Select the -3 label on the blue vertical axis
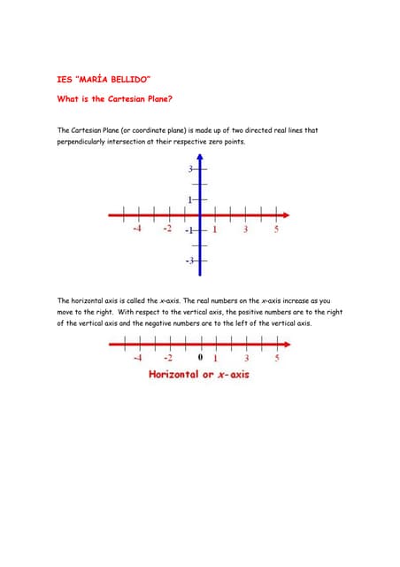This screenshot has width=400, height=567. click(188, 261)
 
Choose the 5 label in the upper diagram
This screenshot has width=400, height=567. click(276, 229)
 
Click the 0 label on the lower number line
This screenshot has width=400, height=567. click(201, 359)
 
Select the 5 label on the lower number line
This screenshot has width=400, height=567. click(276, 359)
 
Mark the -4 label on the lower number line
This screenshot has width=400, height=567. click(136, 359)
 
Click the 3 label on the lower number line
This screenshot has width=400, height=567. click(245, 359)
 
